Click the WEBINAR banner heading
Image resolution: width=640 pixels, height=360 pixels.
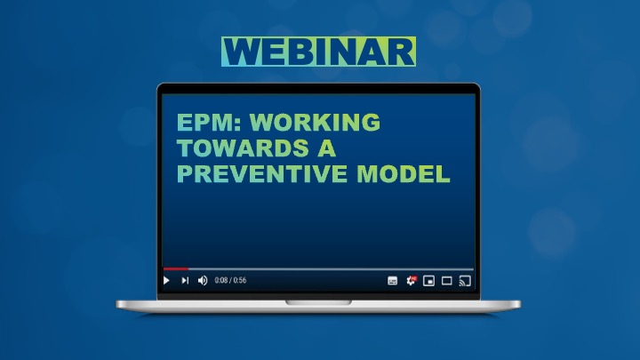318,52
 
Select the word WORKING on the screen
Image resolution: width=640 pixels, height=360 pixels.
315,122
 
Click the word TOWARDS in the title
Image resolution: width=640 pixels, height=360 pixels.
243,148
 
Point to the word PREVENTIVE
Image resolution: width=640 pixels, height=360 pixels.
262,174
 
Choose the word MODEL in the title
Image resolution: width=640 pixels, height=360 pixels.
404,174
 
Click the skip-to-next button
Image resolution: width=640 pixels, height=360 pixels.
185,280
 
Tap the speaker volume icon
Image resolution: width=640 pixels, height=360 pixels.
203,280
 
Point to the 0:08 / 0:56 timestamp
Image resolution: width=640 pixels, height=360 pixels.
230,280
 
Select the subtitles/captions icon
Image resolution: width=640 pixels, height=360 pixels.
392,281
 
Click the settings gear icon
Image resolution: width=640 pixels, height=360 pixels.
411,280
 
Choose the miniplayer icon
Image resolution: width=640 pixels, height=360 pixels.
428,281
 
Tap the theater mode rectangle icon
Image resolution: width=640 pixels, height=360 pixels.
447,281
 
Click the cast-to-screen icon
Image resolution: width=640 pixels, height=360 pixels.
465,281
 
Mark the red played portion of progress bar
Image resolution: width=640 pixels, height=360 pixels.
176,269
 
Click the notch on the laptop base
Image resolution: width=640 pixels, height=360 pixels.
318,302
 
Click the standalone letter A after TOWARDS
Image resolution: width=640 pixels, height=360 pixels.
326,148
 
